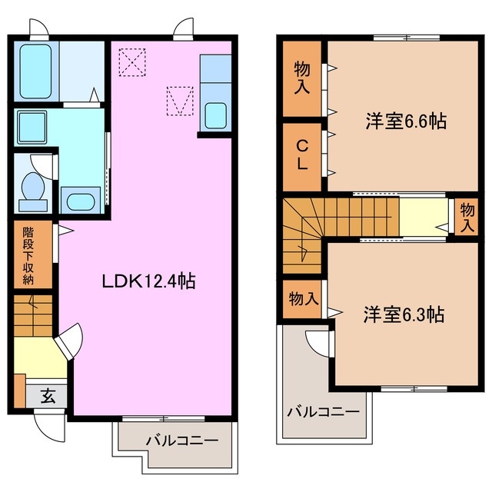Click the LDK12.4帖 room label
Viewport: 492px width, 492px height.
click(149, 281)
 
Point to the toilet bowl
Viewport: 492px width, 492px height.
click(33, 186)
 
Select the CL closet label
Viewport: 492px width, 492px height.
click(302, 155)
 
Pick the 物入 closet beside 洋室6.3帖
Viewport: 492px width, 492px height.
click(303, 298)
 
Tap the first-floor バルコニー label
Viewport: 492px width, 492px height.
click(182, 441)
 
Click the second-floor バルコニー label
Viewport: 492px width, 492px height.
click(324, 411)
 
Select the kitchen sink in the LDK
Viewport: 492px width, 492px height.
click(215, 116)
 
